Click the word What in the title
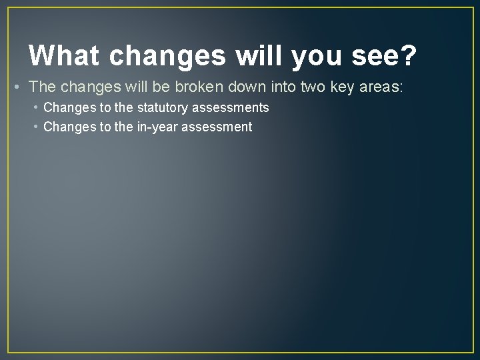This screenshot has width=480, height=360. pos(64,56)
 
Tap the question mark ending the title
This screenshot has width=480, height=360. pos(407,56)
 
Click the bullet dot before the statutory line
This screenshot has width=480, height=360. pos(36,107)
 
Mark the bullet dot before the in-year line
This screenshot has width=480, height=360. pos(36,127)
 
